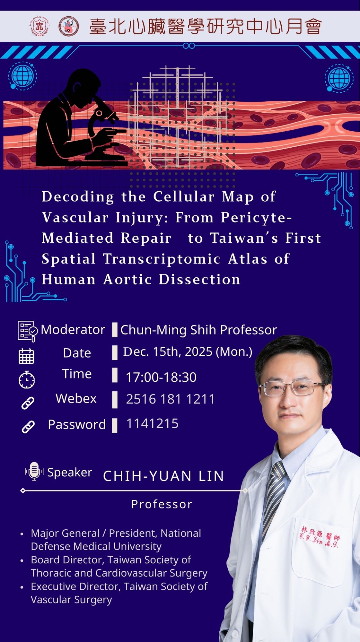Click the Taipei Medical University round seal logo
[40, 26]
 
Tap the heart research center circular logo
[69, 26]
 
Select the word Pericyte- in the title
[256, 218]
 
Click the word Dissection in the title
[199, 280]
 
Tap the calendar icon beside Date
[26, 356]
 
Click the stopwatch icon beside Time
[27, 380]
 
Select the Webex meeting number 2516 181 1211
[170, 399]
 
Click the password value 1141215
[152, 424]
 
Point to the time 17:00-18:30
[161, 377]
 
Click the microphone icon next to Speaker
[34, 471]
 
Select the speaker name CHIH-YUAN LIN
[163, 476]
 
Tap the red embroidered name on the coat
[320, 537]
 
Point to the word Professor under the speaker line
[162, 504]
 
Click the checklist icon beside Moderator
[28, 331]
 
